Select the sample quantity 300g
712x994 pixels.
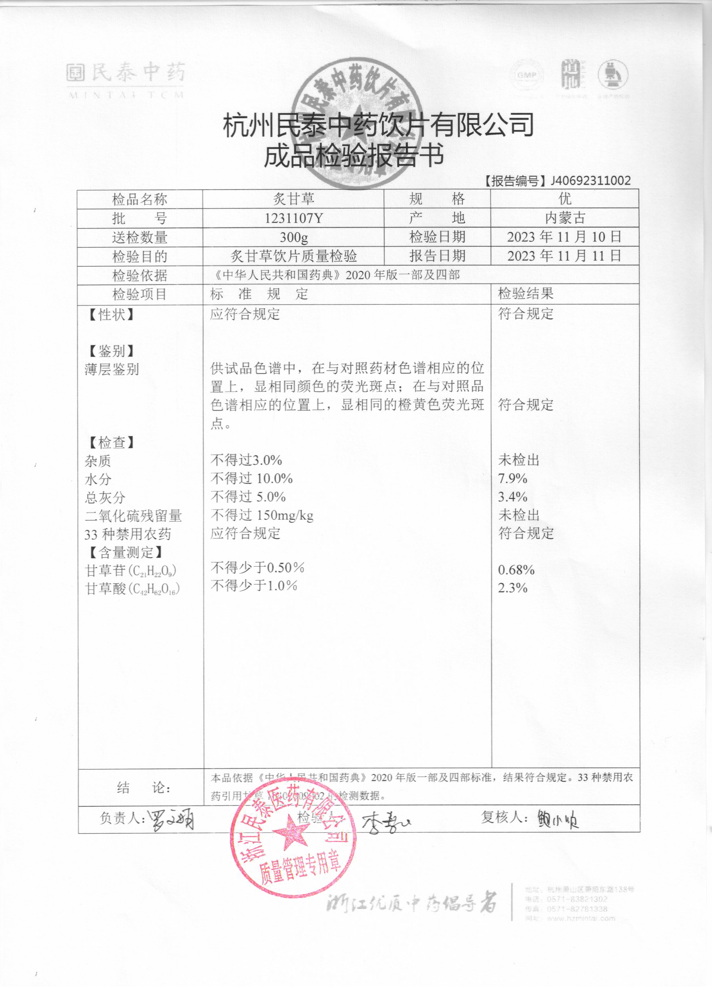pos(294,238)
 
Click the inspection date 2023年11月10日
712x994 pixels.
pos(564,237)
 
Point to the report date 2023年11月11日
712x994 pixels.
pos(564,256)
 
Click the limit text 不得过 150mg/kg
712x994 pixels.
pos(262,515)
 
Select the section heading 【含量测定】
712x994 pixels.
pos(125,552)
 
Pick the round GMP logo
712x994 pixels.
pos(526,75)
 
